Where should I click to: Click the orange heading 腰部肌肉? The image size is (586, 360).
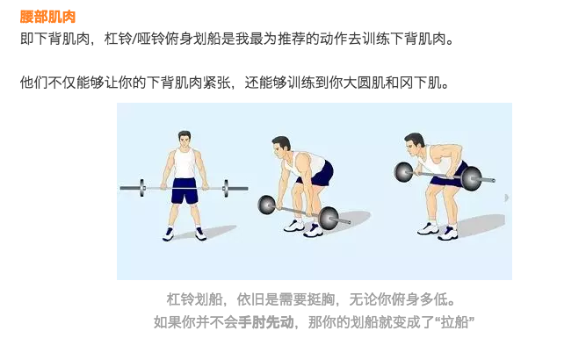click(47, 17)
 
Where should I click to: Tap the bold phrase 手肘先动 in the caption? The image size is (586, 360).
click(266, 322)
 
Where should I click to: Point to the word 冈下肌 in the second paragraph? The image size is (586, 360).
click(421, 83)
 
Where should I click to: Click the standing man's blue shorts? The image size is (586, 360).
click(185, 191)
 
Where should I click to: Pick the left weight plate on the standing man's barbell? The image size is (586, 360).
click(142, 188)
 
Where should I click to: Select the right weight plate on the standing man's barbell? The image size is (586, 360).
click(226, 188)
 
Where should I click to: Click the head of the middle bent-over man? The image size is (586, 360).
click(280, 148)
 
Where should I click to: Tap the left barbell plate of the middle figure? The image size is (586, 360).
click(267, 205)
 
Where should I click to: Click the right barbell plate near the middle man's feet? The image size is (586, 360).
click(329, 218)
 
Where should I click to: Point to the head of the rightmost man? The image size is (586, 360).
click(414, 145)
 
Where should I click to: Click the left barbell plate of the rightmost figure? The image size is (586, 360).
click(403, 172)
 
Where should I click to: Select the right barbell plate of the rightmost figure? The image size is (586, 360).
click(471, 178)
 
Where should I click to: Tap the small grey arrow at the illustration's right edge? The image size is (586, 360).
click(506, 198)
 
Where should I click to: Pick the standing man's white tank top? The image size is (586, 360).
click(184, 163)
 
